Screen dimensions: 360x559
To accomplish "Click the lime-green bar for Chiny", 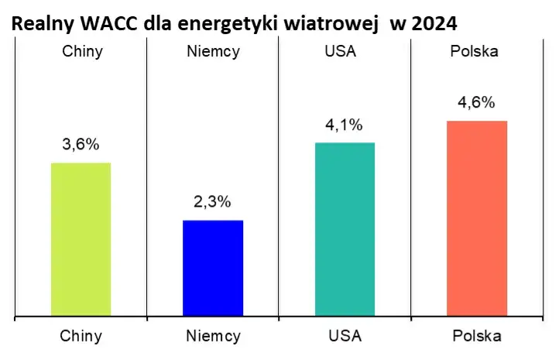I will coord(81,239).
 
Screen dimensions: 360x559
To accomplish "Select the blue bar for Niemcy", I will coord(213,268).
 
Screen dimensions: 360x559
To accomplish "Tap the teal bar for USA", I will coord(345,229).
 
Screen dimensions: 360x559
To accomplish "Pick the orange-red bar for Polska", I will coord(477,218).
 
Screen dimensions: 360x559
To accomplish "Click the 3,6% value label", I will coord(81,145).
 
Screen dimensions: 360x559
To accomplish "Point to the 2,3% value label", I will coord(212,202).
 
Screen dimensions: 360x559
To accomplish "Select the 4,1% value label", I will coord(344,125).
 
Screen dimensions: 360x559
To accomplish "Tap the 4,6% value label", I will coord(476,102).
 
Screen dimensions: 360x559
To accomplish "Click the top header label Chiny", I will coord(81,53).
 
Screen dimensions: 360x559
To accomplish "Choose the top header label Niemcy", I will coord(213,53).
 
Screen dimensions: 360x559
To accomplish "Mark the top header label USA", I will coord(345,53).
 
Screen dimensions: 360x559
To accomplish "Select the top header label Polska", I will coord(476,53).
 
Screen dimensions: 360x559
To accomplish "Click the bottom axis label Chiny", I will coord(81,337).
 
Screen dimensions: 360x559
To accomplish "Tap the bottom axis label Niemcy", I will coord(213,337).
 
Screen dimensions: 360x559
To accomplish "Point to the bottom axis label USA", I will coord(345,337).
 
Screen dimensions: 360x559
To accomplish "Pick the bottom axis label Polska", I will coord(476,337).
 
